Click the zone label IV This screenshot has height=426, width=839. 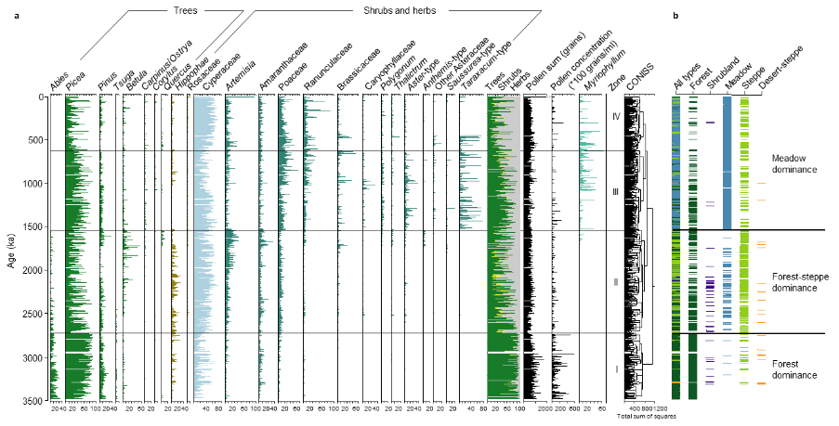616,117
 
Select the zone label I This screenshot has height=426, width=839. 616,368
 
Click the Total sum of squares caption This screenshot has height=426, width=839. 640,417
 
